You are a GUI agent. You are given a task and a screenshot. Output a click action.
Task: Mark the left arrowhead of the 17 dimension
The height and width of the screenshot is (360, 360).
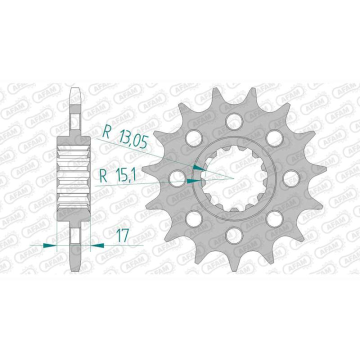coord(50,245)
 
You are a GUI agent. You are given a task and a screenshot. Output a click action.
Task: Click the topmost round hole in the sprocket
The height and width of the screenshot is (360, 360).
coord(231,120)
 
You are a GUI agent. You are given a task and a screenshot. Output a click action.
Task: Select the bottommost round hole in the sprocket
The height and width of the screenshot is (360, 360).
coord(231,234)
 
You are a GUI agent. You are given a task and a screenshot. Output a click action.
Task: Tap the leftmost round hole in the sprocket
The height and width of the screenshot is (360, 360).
coord(175,177)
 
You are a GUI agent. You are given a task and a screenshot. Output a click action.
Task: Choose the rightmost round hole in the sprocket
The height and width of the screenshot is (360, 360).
coord(288,177)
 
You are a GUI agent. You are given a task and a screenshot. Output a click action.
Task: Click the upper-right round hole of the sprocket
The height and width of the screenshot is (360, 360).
coord(271,137)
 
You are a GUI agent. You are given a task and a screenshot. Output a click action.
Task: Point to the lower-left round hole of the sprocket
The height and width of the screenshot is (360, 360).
coord(191,217)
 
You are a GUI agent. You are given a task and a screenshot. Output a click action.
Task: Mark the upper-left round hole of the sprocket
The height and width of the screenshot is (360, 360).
coord(191,137)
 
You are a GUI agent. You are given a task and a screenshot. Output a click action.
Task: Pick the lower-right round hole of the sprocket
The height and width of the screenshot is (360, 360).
coord(271,217)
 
